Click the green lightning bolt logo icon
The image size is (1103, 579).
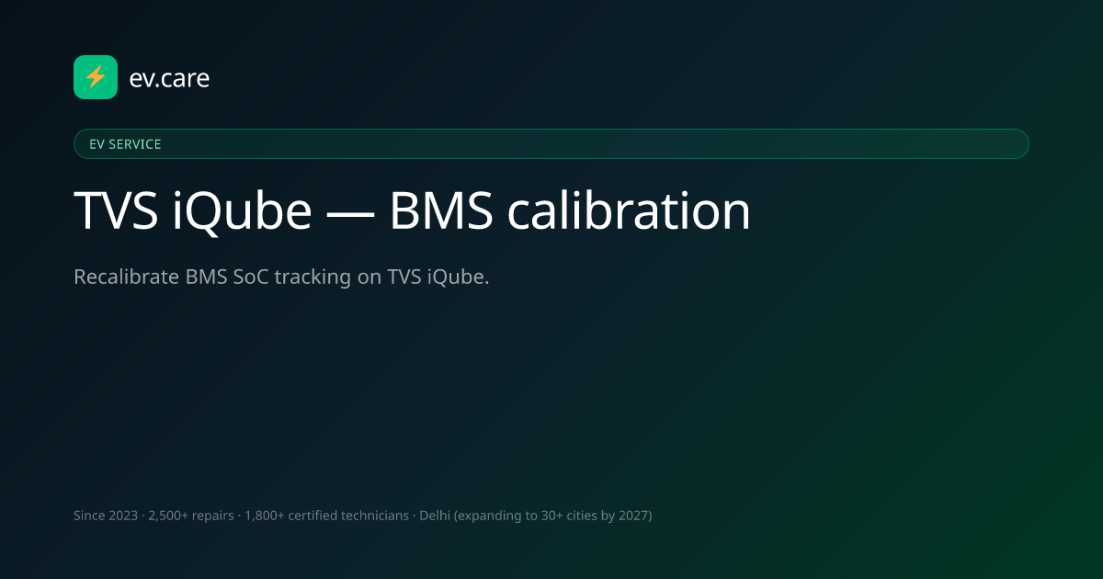96,77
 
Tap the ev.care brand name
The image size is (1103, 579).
169,78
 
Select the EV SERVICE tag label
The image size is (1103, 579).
125,144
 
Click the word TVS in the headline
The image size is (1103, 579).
116,210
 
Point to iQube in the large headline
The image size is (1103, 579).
242,211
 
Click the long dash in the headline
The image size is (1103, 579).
350,214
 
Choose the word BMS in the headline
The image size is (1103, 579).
441,210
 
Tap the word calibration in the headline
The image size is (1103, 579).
629,210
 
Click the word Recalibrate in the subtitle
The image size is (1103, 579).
127,277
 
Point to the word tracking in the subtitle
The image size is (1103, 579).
313,278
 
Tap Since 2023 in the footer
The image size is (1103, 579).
106,516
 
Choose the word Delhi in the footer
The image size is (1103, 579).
434,516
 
